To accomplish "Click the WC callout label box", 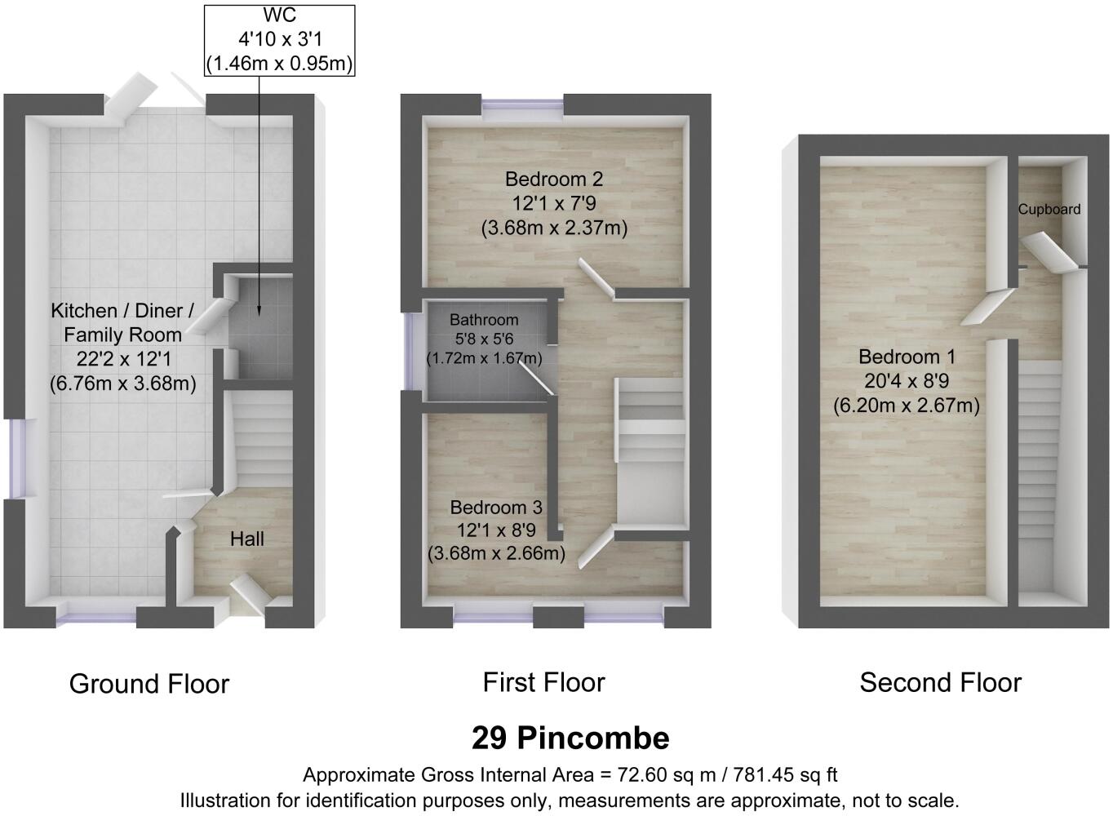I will click(x=279, y=40).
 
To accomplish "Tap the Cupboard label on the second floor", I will click(x=1049, y=210).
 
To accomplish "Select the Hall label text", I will click(x=246, y=539).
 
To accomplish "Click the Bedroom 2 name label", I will click(x=554, y=179).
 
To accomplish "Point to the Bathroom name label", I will click(x=484, y=320).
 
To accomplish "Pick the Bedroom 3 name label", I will click(x=496, y=508).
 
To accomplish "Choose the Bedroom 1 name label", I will click(x=906, y=357).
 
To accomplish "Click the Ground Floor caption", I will click(x=149, y=684).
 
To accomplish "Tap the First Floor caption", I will click(x=543, y=682).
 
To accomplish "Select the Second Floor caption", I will click(x=940, y=682).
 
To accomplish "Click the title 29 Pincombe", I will click(x=570, y=738).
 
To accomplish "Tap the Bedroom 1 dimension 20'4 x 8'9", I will click(x=906, y=380).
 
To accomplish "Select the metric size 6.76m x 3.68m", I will click(x=122, y=383).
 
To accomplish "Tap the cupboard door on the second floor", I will click(x=1052, y=253).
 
